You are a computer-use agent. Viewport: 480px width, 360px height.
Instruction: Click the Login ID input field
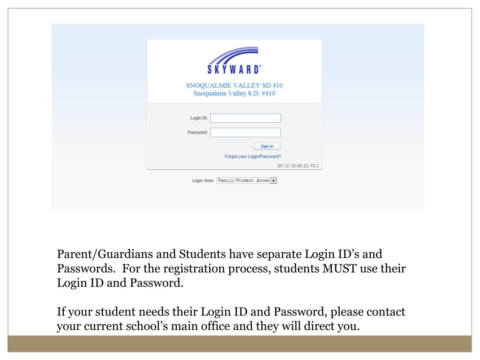[245, 118]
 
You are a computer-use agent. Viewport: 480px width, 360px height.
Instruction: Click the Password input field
[245, 132]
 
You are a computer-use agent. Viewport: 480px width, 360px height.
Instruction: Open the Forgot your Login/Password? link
[253, 157]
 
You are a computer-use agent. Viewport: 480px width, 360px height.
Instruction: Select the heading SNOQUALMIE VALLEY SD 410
[234, 85]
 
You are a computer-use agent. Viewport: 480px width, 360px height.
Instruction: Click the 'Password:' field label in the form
[198, 132]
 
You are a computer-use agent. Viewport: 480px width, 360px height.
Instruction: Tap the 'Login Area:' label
[202, 180]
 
